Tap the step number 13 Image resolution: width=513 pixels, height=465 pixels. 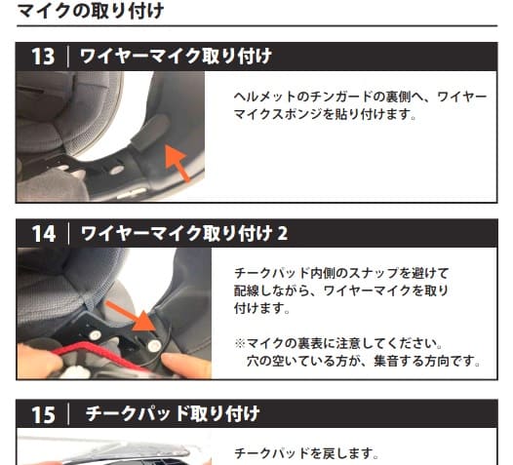tap(43, 57)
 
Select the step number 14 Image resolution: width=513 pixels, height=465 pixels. tap(43, 233)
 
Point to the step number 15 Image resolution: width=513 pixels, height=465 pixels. tap(43, 414)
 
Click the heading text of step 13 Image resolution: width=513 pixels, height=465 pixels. tap(176, 57)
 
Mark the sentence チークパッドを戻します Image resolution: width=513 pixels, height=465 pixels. tap(306, 454)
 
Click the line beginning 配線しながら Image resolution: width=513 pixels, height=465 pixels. tap(341, 291)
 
